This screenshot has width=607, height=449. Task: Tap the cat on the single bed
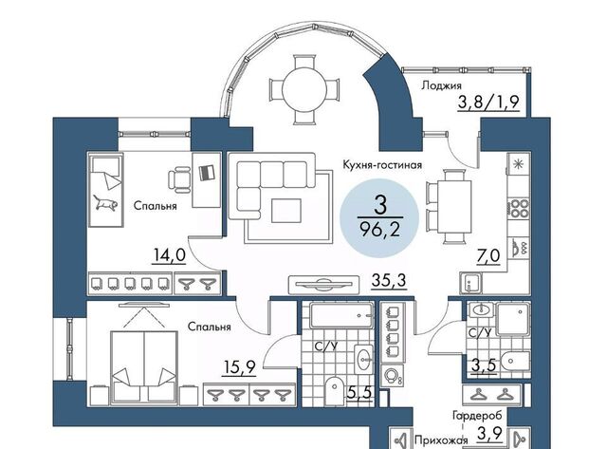(x=105, y=203)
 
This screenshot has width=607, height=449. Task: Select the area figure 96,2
(x=379, y=231)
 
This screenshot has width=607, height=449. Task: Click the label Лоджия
(x=441, y=85)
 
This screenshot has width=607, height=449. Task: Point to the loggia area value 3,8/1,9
(x=488, y=103)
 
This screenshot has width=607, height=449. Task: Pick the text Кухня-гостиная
(x=382, y=165)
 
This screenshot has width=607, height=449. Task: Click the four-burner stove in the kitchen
(x=519, y=208)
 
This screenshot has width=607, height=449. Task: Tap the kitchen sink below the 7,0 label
(x=470, y=283)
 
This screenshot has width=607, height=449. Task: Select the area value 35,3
(x=389, y=280)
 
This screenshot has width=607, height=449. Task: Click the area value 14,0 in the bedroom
(x=169, y=255)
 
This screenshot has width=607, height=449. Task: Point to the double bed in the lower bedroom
(x=144, y=367)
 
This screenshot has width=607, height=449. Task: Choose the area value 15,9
(x=240, y=366)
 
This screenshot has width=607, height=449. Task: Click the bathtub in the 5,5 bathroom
(x=341, y=315)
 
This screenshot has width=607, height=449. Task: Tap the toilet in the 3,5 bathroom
(x=515, y=362)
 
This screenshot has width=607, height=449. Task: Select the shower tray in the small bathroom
(x=512, y=319)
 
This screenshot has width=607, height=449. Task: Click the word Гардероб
(x=477, y=416)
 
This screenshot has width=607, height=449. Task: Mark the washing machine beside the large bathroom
(x=392, y=375)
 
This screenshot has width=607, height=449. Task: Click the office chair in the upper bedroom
(x=179, y=179)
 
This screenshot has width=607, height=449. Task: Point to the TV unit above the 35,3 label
(x=323, y=285)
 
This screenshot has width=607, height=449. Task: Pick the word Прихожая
(x=441, y=440)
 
